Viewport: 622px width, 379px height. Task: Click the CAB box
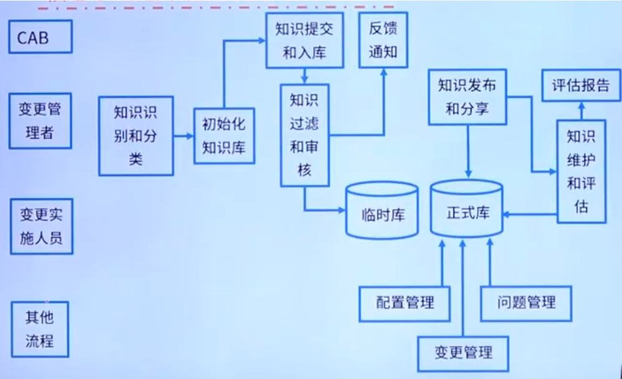41,37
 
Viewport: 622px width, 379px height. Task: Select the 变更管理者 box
41,121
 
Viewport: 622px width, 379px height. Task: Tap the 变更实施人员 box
41,226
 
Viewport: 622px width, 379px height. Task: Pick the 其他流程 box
40,329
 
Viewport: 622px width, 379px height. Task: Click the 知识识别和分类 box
135,135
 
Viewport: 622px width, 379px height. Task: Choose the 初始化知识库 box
224,136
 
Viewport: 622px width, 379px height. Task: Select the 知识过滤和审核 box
304,135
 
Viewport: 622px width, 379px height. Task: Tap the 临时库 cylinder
382,212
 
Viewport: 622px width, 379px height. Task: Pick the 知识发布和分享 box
467,97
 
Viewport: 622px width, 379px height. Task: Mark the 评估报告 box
580,86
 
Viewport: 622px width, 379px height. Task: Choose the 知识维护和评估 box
581,171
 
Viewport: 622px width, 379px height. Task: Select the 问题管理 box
525,303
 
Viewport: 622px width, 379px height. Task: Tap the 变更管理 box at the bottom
462,353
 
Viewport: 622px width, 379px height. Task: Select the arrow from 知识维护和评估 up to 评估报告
581,111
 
